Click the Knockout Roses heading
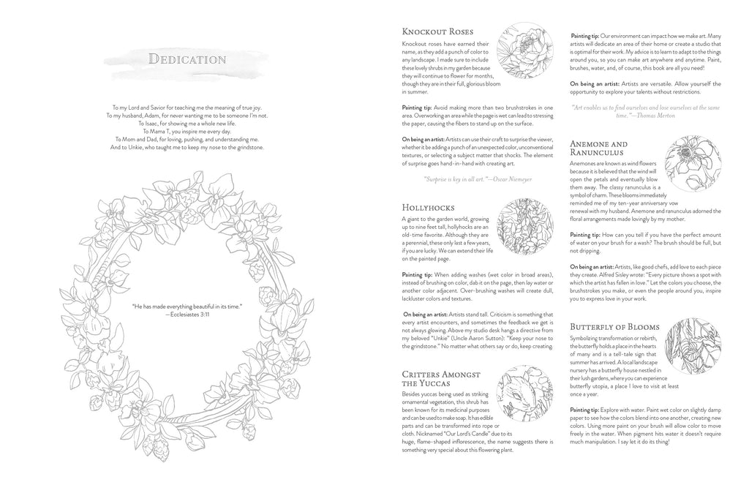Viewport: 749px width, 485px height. pos(437,32)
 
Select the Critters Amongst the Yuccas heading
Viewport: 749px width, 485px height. pos(441,378)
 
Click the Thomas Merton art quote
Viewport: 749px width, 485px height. pos(646,111)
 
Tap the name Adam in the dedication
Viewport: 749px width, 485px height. pos(168,116)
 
